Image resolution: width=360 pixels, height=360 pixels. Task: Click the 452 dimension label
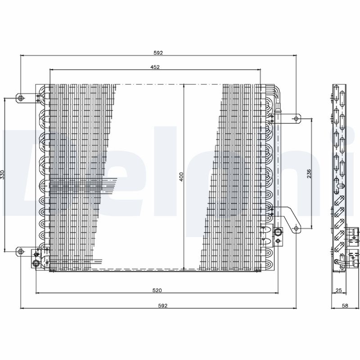155,67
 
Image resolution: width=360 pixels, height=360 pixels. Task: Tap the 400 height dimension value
181,177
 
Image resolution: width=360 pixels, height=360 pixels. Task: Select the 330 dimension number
2,175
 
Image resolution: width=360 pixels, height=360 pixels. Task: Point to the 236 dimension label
309,174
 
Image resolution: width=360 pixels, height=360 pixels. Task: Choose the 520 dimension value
157,290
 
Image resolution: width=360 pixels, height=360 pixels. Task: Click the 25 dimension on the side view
339,290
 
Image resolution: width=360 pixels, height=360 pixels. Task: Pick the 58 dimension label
345,306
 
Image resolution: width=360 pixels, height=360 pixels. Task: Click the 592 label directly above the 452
158,53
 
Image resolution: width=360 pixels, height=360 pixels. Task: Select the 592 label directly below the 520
163,306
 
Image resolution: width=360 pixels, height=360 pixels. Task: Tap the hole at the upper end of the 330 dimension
21,98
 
